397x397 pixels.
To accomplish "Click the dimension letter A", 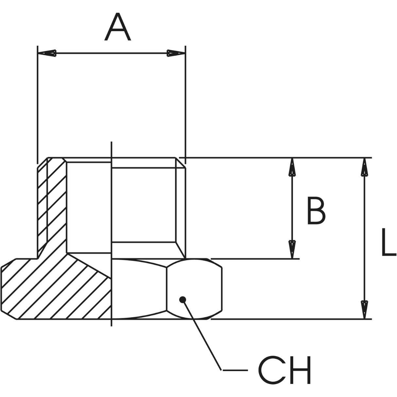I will pyautogui.click(x=118, y=28).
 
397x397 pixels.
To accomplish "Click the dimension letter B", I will pyautogui.click(x=316, y=211).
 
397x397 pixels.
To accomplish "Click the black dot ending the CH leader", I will pyautogui.click(x=183, y=299).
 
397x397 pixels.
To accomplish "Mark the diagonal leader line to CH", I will pyautogui.click(x=203, y=335).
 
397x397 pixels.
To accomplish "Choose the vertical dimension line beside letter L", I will pyautogui.click(x=364, y=239).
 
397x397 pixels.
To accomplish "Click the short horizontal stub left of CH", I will pyautogui.click(x=235, y=370).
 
